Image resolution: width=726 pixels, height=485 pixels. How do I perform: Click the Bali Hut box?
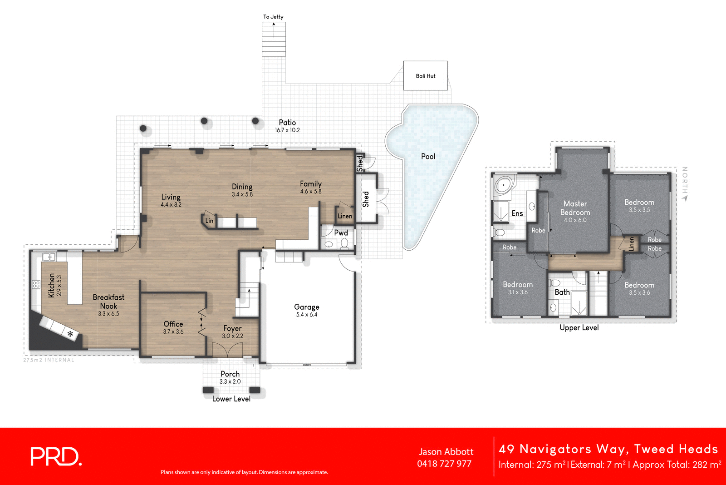coord(425,76)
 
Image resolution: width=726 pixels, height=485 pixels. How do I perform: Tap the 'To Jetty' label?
coord(273,17)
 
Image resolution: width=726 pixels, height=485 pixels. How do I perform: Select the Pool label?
coord(428,156)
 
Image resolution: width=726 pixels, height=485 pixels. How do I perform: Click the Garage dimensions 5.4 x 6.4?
coord(307,315)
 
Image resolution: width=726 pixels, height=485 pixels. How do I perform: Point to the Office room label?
coord(173,324)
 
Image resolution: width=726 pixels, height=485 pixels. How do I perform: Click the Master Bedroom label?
coord(575,208)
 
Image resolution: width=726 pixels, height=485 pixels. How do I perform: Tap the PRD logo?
coord(56,456)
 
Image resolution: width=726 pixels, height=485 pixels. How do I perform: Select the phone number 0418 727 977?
coord(444,464)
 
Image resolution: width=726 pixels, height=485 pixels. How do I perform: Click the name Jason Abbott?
coord(446,451)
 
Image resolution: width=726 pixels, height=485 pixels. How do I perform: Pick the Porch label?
coord(230,374)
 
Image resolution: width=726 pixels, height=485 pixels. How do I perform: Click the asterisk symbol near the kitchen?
coord(70,334)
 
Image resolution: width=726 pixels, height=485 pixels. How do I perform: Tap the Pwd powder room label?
coord(341,233)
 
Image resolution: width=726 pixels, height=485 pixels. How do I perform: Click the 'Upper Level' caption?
coord(579,327)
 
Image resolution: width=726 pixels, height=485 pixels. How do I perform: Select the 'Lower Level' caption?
coord(231,399)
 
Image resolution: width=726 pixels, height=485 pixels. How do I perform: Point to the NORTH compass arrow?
coord(685,198)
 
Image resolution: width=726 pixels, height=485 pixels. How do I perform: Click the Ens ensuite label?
coord(517,213)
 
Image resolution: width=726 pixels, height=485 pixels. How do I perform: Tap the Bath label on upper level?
coord(562,292)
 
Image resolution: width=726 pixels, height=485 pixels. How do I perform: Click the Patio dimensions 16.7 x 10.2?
coord(287,130)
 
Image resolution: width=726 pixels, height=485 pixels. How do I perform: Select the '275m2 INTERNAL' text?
coord(49,360)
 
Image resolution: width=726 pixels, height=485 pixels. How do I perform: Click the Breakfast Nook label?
coord(108,302)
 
